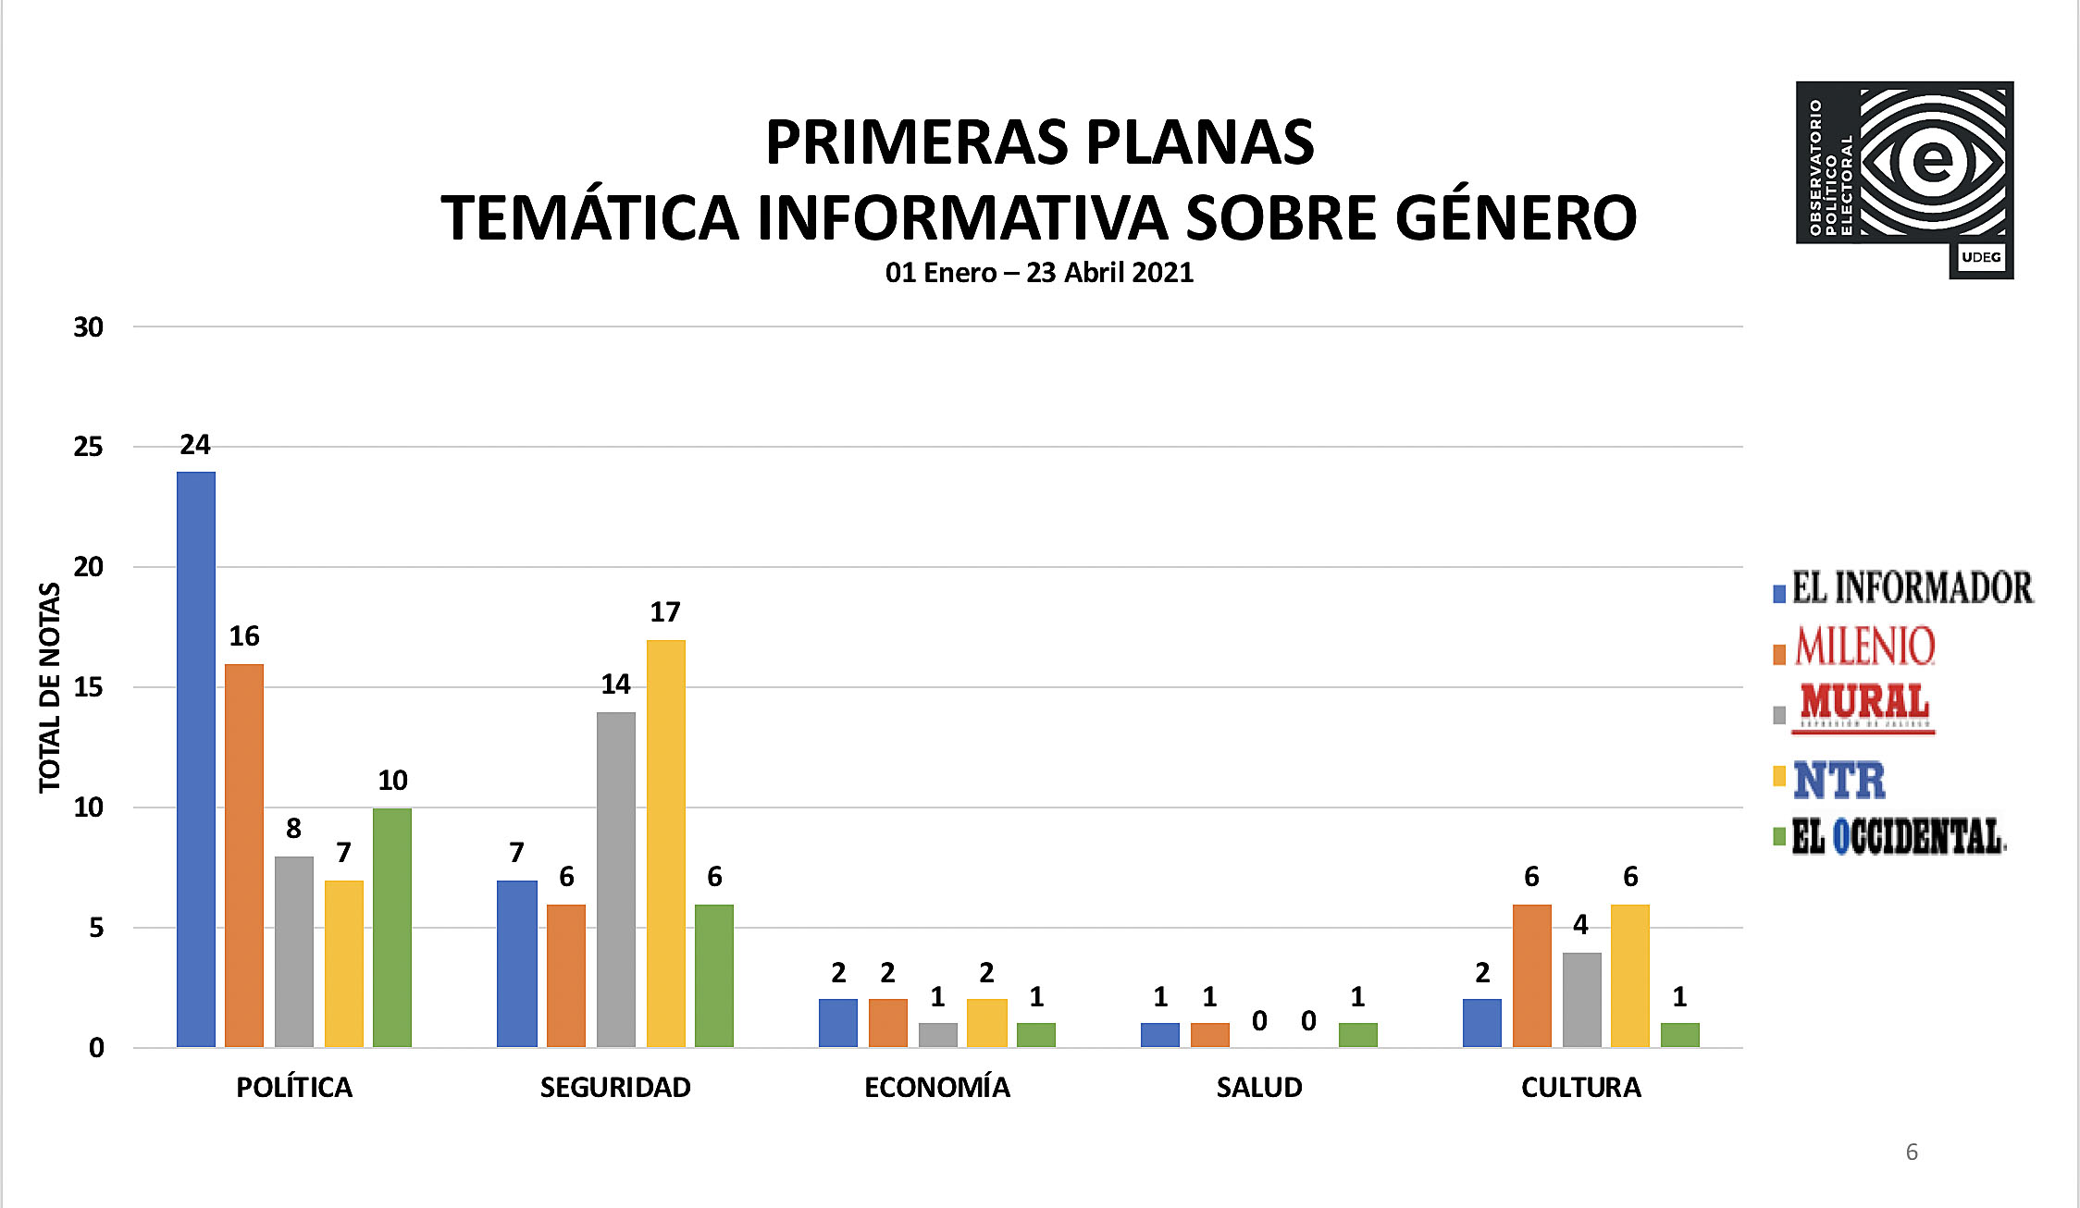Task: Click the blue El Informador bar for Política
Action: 196,758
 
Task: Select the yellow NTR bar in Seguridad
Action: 666,843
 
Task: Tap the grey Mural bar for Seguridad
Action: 616,879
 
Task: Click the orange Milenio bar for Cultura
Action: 1532,975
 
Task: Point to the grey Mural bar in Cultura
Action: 1582,999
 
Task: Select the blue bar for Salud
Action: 1160,1034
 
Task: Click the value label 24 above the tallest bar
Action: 195,445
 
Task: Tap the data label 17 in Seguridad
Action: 665,612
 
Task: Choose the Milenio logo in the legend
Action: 1864,646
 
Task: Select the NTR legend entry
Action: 1839,780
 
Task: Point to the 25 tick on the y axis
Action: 89,447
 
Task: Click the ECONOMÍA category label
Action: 937,1087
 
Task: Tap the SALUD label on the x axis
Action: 1259,1087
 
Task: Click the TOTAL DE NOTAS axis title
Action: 50,687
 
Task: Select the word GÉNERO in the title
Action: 1516,218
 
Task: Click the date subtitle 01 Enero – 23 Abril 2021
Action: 1039,273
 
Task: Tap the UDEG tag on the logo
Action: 1981,257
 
